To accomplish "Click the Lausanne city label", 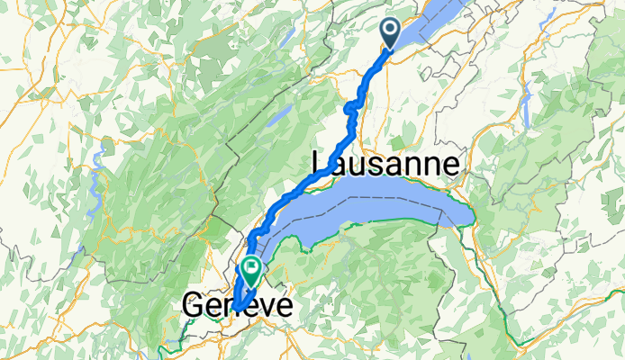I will tap(385, 163).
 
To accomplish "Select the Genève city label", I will tap(237, 305).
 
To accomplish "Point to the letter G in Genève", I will tap(194, 306).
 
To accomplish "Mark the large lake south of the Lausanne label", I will tap(378, 207).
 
